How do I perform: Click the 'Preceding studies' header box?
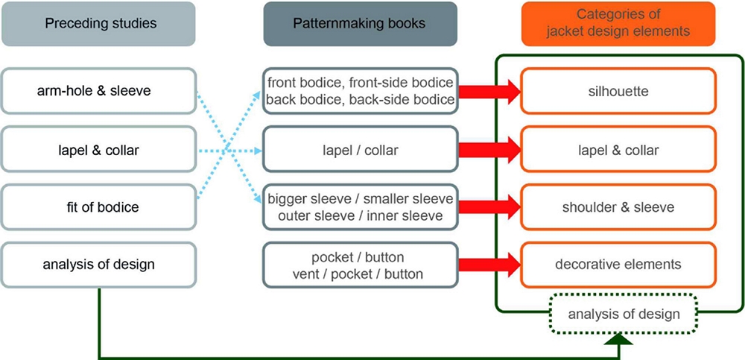click(99, 24)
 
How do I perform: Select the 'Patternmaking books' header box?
click(360, 24)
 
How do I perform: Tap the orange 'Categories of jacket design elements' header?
click(618, 24)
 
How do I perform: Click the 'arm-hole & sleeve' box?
click(99, 92)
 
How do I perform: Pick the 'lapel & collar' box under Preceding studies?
click(99, 150)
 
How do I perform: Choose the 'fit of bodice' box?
click(99, 206)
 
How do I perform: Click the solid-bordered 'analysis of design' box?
click(99, 264)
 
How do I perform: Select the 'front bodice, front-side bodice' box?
click(360, 92)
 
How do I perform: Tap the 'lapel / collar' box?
click(360, 150)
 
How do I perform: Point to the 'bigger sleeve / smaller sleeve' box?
click(360, 206)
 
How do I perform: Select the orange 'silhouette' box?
click(618, 92)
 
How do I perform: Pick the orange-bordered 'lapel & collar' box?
click(618, 150)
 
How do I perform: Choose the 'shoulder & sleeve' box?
click(618, 206)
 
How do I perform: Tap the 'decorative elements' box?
click(618, 264)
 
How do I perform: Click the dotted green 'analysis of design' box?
click(624, 313)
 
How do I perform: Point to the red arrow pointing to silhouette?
click(488, 92)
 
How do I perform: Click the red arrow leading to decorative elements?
click(488, 264)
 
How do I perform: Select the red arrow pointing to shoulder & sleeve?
click(488, 206)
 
